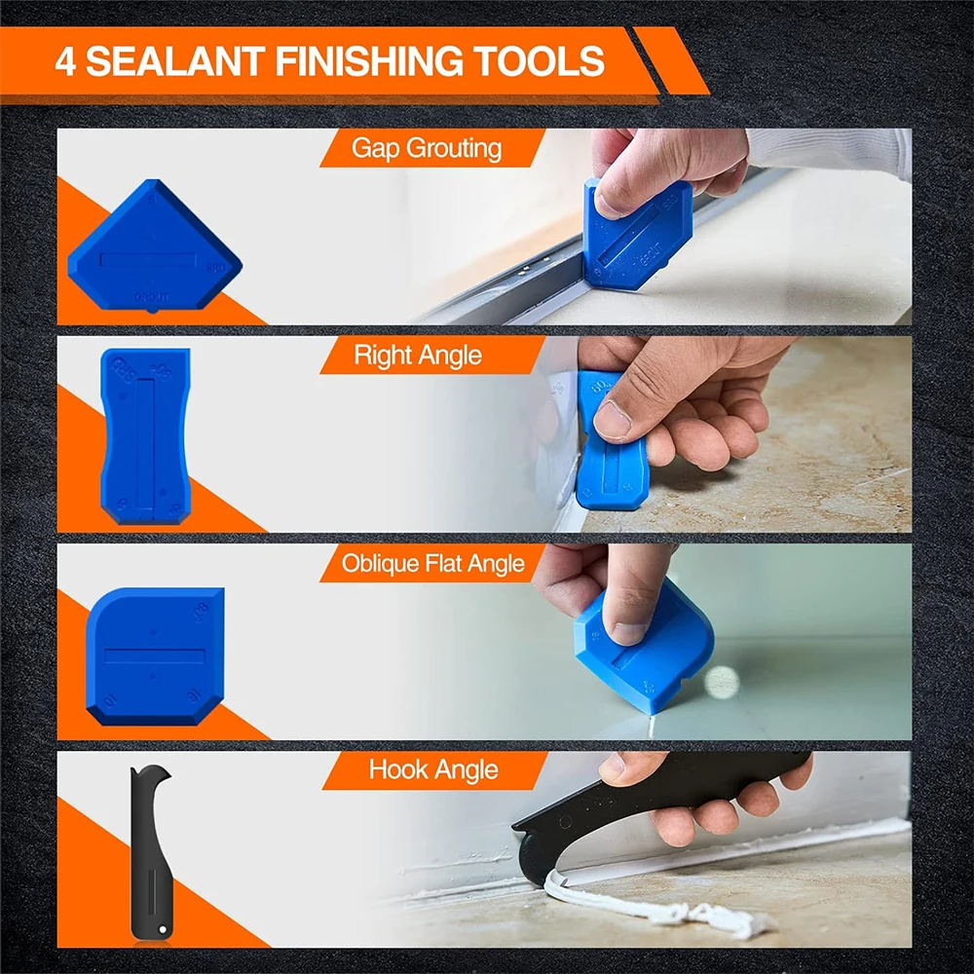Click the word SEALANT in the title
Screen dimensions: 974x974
(175, 62)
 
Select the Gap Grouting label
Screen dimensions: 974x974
(427, 148)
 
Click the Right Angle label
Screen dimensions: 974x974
(418, 356)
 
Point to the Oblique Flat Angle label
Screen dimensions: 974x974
(432, 563)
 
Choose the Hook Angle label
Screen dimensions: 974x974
(432, 770)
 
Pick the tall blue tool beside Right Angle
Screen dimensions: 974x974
(145, 435)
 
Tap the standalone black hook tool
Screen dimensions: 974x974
(145, 857)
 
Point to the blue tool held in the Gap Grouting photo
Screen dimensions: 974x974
(633, 239)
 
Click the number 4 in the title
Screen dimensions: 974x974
(64, 62)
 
